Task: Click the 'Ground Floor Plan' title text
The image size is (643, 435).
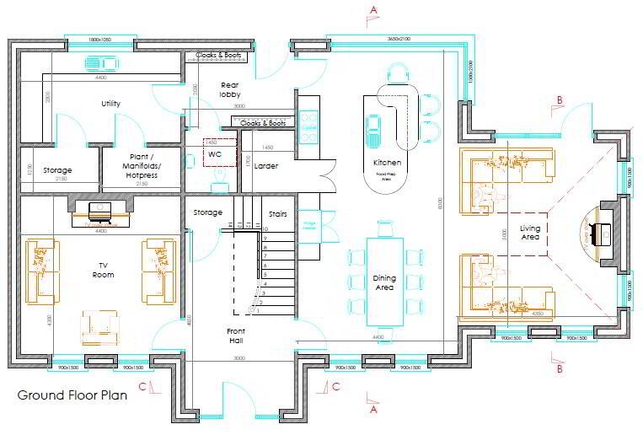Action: point(72,395)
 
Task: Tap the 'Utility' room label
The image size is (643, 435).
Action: point(110,104)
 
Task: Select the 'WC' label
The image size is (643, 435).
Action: point(214,155)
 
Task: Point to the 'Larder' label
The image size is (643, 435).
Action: point(265,166)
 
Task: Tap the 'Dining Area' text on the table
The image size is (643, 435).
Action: point(384,283)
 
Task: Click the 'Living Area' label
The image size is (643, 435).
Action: point(529,233)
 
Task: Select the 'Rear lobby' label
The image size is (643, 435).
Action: point(231,90)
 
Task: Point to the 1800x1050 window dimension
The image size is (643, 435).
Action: point(100,39)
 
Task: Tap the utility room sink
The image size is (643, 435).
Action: point(100,64)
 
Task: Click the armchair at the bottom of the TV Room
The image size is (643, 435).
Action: point(99,325)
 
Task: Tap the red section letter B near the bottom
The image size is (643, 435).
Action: point(559,368)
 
